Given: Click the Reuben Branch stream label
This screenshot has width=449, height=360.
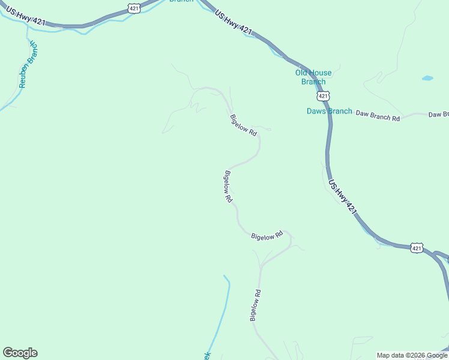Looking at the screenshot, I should [28, 65].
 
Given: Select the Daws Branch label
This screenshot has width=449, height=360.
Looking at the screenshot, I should [329, 111].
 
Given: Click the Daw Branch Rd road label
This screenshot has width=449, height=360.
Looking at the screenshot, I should [378, 115].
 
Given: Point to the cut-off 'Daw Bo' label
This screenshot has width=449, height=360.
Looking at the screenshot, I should [438, 114].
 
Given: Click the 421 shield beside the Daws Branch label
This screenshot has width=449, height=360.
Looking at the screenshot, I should [323, 96].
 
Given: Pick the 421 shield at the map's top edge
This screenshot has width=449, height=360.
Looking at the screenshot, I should [134, 7].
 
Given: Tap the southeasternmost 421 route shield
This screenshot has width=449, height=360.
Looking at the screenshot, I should [417, 248].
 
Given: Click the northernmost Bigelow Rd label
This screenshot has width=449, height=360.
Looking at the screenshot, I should [243, 125].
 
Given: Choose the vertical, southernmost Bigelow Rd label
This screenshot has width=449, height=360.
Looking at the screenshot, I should [256, 305].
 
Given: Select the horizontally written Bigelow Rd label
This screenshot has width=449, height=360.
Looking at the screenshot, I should [267, 236].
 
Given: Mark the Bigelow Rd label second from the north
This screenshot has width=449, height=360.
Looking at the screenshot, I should [228, 187].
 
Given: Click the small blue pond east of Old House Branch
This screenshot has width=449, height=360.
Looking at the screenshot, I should [427, 78].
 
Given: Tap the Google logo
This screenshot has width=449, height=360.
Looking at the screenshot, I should [20, 353].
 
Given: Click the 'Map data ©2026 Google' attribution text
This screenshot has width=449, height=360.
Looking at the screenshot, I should [412, 355].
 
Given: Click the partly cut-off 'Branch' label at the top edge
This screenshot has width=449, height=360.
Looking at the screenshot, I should [181, 2].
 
